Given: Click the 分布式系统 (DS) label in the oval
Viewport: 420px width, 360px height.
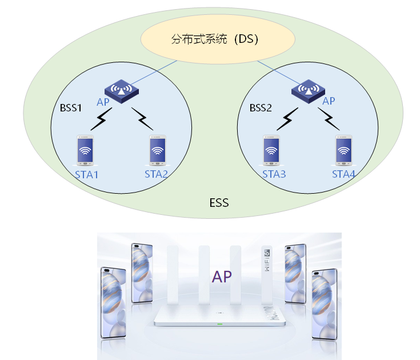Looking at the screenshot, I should click(x=215, y=39).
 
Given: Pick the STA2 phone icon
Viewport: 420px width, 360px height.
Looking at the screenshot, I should click(x=158, y=151).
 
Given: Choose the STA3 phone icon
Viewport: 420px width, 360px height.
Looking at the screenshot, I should click(x=272, y=151).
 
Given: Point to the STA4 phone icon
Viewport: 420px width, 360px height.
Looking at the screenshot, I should click(x=343, y=151).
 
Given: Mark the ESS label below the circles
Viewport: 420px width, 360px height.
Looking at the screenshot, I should click(x=218, y=203).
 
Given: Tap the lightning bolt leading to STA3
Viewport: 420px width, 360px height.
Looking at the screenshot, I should click(x=289, y=118).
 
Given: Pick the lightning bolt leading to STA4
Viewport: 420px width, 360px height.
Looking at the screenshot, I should click(x=329, y=118).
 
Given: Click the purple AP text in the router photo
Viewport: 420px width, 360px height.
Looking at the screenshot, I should click(x=222, y=277).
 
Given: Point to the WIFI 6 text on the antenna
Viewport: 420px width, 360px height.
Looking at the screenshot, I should click(x=266, y=263).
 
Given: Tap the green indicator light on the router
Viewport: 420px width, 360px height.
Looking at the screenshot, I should click(x=219, y=325).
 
